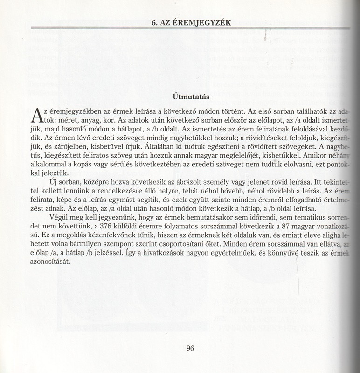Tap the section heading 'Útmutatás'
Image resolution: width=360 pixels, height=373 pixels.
[190, 97]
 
